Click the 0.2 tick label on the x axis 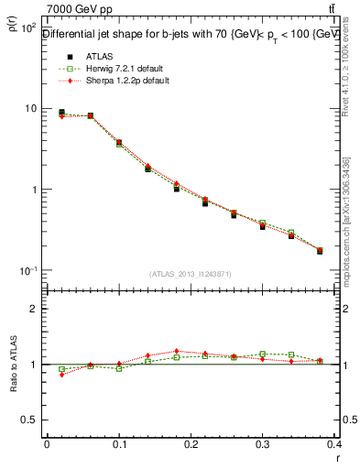click(191, 443)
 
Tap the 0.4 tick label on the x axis click(335, 443)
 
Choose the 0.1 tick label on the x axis click(119, 443)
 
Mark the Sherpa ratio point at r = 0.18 click(177, 351)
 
